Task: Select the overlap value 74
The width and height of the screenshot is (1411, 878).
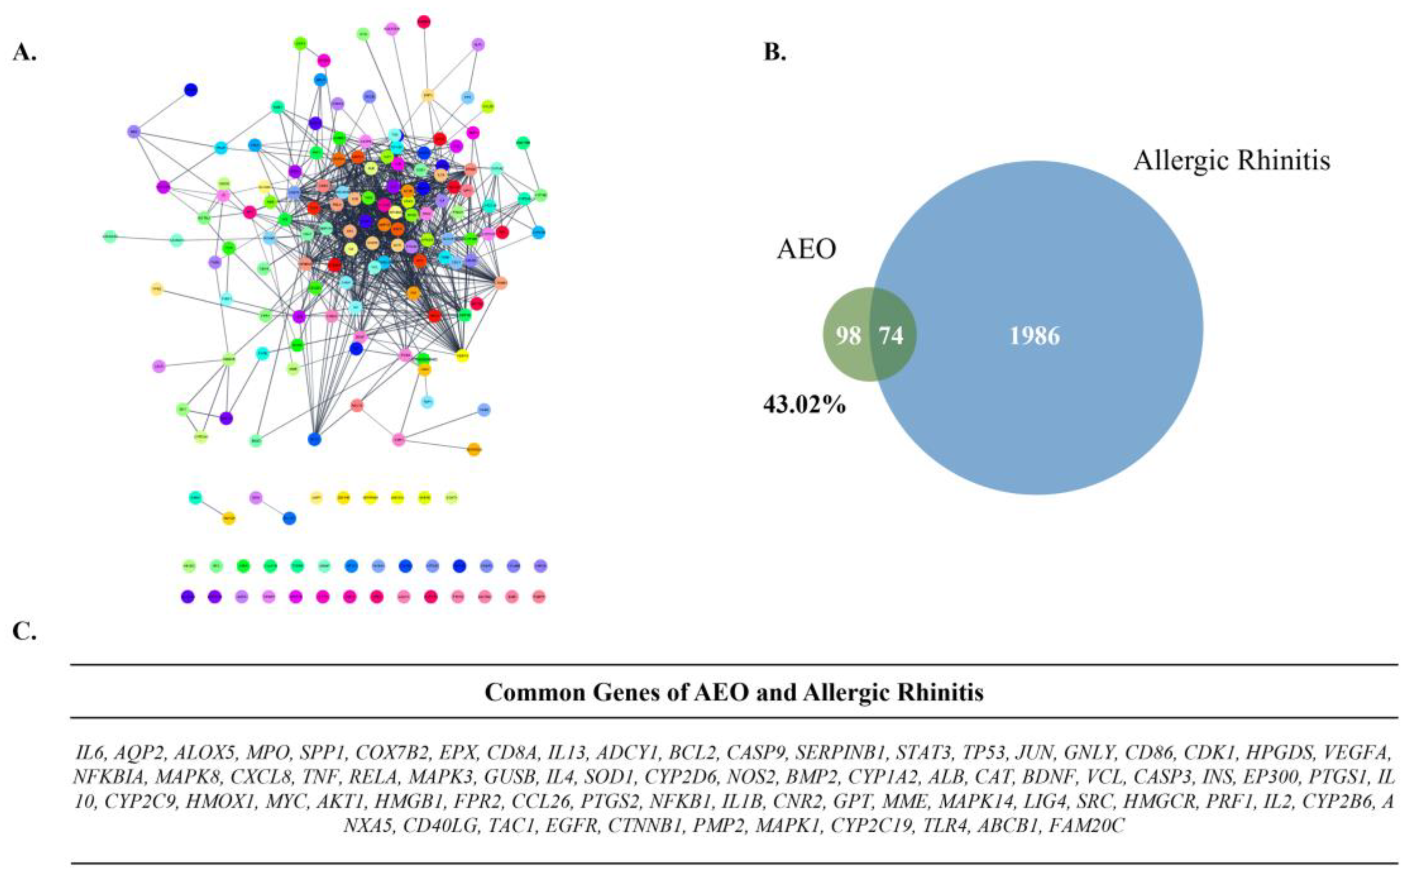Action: pyautogui.click(x=891, y=336)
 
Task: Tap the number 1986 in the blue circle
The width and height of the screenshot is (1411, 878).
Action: pyautogui.click(x=1035, y=336)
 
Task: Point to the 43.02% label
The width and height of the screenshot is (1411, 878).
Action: pyautogui.click(x=804, y=405)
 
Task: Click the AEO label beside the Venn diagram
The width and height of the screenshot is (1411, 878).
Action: pyautogui.click(x=806, y=249)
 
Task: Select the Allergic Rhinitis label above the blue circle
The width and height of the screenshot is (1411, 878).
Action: pyautogui.click(x=1232, y=160)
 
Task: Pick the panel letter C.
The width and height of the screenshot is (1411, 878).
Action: pyautogui.click(x=24, y=631)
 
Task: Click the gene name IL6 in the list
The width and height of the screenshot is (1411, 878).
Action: pyautogui.click(x=89, y=753)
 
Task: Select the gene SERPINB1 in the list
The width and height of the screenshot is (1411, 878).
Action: pyautogui.click(x=841, y=753)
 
